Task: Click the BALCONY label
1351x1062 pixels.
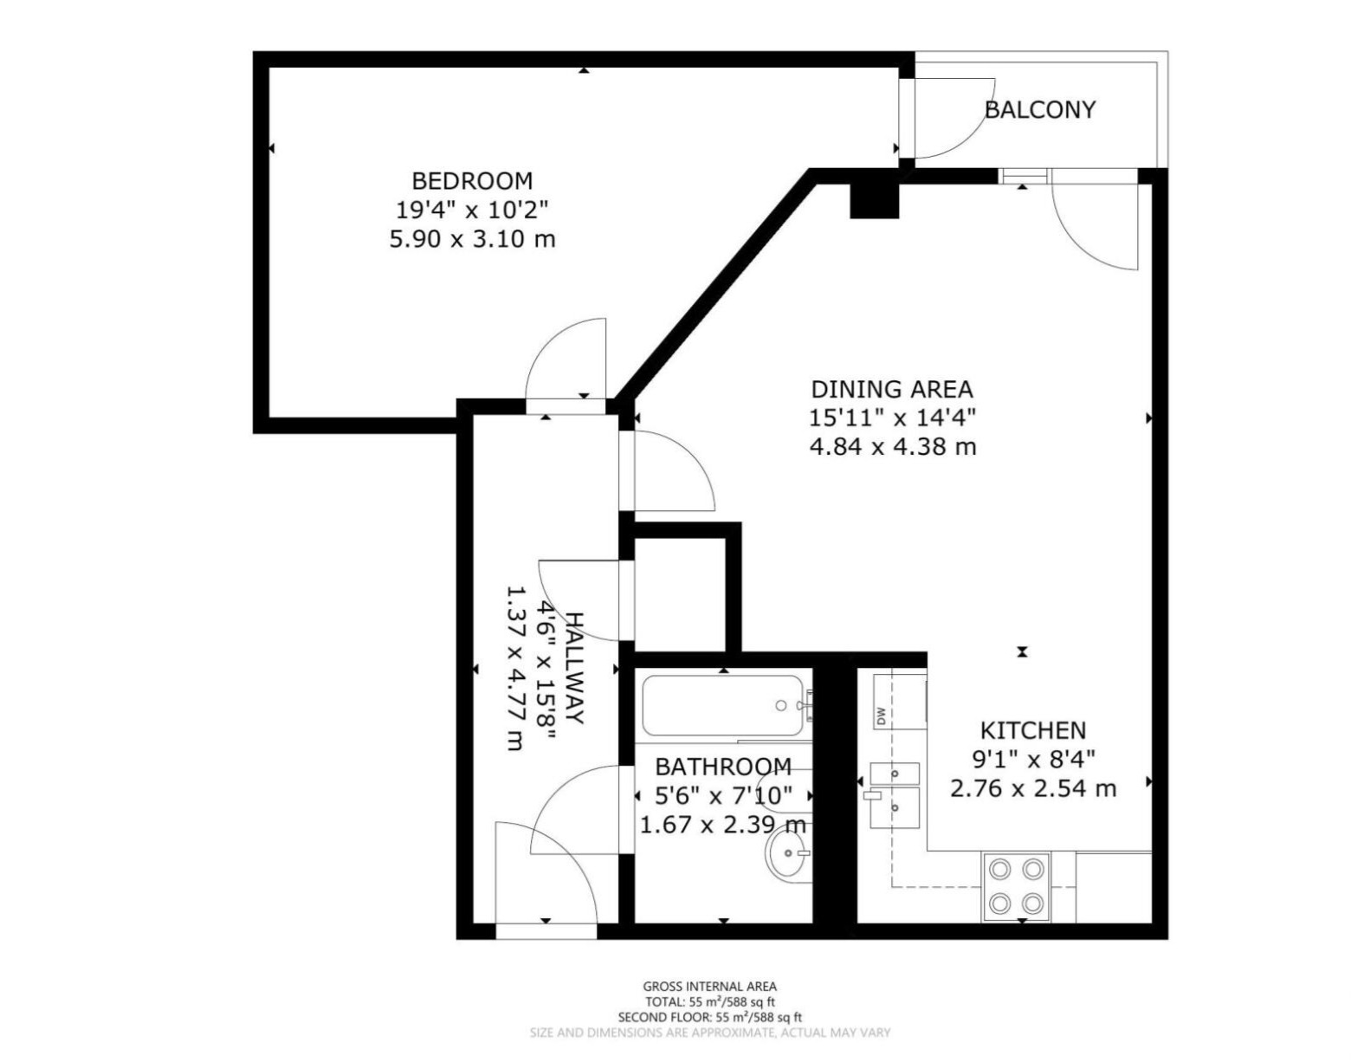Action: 1039,110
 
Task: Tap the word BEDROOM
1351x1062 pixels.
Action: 472,181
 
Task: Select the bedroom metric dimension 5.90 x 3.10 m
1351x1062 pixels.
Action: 472,238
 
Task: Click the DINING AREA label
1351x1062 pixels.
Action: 891,389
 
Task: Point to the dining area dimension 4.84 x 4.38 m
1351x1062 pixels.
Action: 892,447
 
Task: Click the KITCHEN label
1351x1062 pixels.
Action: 1032,730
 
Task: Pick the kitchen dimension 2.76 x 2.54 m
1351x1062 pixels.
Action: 1033,788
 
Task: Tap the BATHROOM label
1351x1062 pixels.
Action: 722,767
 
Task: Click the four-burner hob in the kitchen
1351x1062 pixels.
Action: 1016,886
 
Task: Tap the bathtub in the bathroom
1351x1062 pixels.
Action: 724,706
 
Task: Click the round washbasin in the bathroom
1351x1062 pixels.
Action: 788,857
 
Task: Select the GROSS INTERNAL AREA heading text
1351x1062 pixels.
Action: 709,986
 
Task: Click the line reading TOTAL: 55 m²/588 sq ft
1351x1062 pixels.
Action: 709,1001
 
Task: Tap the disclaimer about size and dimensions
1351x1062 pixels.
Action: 709,1033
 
